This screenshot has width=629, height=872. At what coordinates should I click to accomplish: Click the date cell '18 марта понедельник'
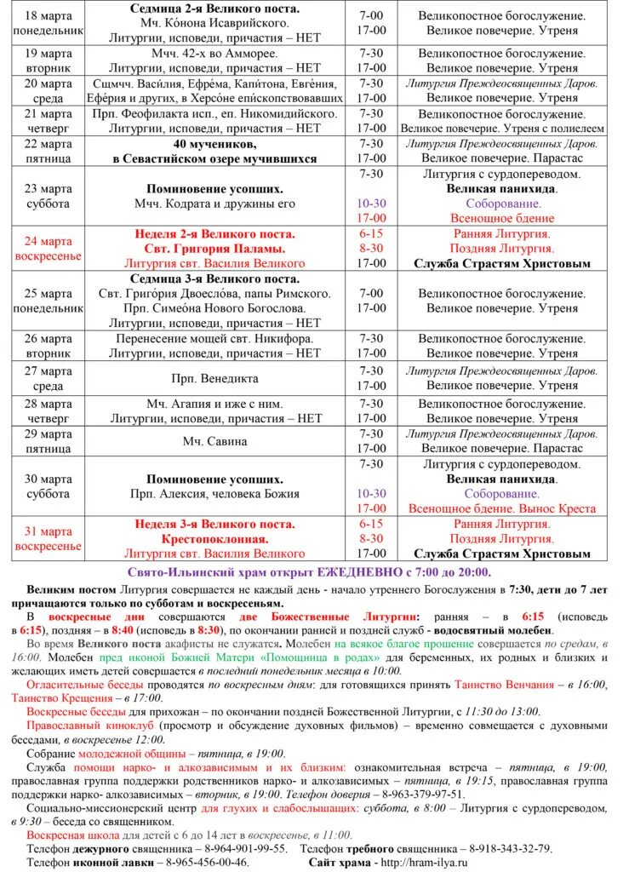(49, 23)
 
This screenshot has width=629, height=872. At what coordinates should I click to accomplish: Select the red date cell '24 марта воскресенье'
(49, 248)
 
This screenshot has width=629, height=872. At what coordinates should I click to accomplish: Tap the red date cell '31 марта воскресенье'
(49, 538)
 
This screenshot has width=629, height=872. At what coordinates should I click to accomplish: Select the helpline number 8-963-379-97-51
(420, 794)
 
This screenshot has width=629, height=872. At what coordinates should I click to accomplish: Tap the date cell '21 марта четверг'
(49, 120)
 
